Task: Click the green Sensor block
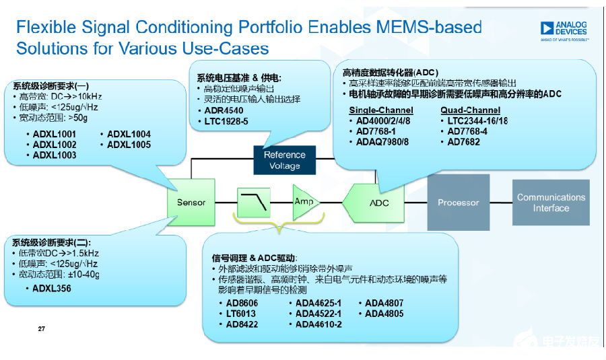point(191,202)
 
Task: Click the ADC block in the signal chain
point(377,203)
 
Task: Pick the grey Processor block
point(458,202)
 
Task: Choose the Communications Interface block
point(551,203)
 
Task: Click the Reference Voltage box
point(285,159)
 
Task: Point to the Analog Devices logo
point(564,30)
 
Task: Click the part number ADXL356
point(52,289)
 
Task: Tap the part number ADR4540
point(224,110)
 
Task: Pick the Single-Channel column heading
point(380,110)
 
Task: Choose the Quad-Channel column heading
point(470,110)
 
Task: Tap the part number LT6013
point(240,314)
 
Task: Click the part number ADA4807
point(385,303)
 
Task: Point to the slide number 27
point(41,329)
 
